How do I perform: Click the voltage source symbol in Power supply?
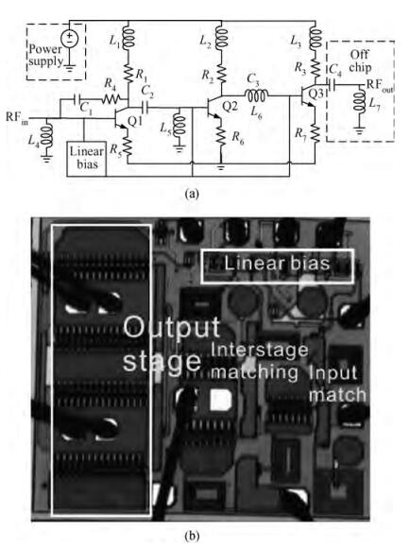tap(70, 38)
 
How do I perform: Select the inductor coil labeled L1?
tap(128, 38)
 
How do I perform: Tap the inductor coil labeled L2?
tap(222, 38)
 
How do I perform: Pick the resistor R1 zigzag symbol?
tap(128, 75)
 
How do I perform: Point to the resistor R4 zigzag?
tap(111, 99)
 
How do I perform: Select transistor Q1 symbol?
tap(121, 118)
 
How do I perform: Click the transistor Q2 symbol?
tap(214, 107)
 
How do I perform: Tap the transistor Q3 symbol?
tap(308, 95)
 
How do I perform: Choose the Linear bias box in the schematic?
tap(87, 159)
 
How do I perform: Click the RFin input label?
tap(16, 116)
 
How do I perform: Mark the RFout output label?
tap(380, 85)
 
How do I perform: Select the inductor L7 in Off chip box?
tap(359, 102)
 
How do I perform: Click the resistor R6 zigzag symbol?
tap(221, 135)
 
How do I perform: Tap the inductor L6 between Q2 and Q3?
tap(256, 95)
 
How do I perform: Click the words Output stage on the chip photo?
tap(172, 344)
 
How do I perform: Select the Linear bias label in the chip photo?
tap(277, 264)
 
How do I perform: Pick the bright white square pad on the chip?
tap(221, 400)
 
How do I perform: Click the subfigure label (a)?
tap(193, 193)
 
